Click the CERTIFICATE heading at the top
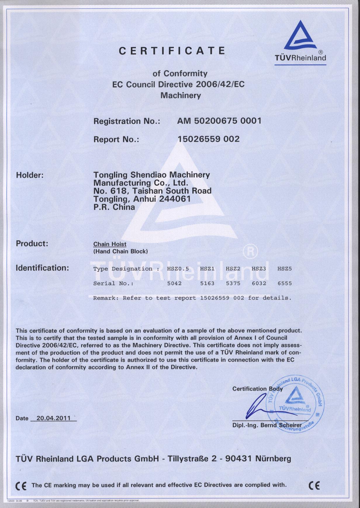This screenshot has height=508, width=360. click(172, 51)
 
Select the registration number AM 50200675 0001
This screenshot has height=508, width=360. click(219, 121)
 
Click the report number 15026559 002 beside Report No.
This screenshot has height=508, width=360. click(209, 139)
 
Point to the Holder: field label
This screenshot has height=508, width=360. click(30, 175)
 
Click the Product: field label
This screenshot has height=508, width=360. click(32, 243)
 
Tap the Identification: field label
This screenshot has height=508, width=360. click(42, 268)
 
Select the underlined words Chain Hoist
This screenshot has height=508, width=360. click(110, 244)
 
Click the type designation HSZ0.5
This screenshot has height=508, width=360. click(178, 269)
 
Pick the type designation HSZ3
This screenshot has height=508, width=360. click(259, 269)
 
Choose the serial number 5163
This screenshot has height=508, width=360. click(207, 283)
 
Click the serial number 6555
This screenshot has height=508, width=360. click(285, 283)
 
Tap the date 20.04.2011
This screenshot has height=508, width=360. click(53, 418)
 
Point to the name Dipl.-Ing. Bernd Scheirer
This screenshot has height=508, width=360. click(267, 425)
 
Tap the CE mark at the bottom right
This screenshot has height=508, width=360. click(314, 485)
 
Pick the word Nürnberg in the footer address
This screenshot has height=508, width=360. click(273, 459)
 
